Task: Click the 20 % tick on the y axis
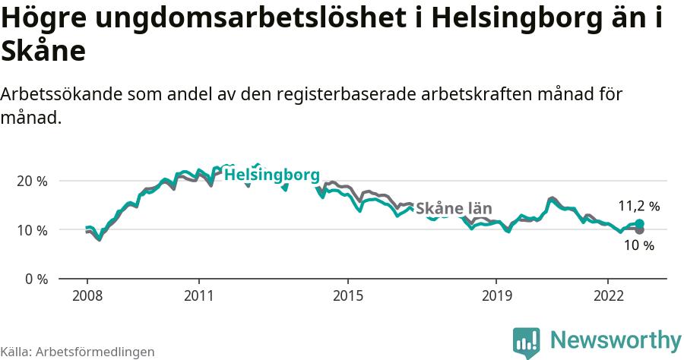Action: pos(32,182)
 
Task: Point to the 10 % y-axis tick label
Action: pos(32,230)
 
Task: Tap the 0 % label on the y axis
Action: pos(35,279)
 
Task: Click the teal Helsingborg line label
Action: pos(272,175)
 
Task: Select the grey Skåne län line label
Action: pos(454,209)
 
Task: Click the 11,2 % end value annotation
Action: pos(638,206)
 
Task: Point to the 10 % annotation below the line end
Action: pos(638,245)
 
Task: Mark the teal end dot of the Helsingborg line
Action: pos(640,223)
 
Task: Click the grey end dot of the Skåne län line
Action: pos(640,229)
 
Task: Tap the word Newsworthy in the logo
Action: pos(616,339)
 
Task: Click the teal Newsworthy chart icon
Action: pos(527,343)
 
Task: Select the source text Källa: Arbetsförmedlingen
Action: pos(78,352)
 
